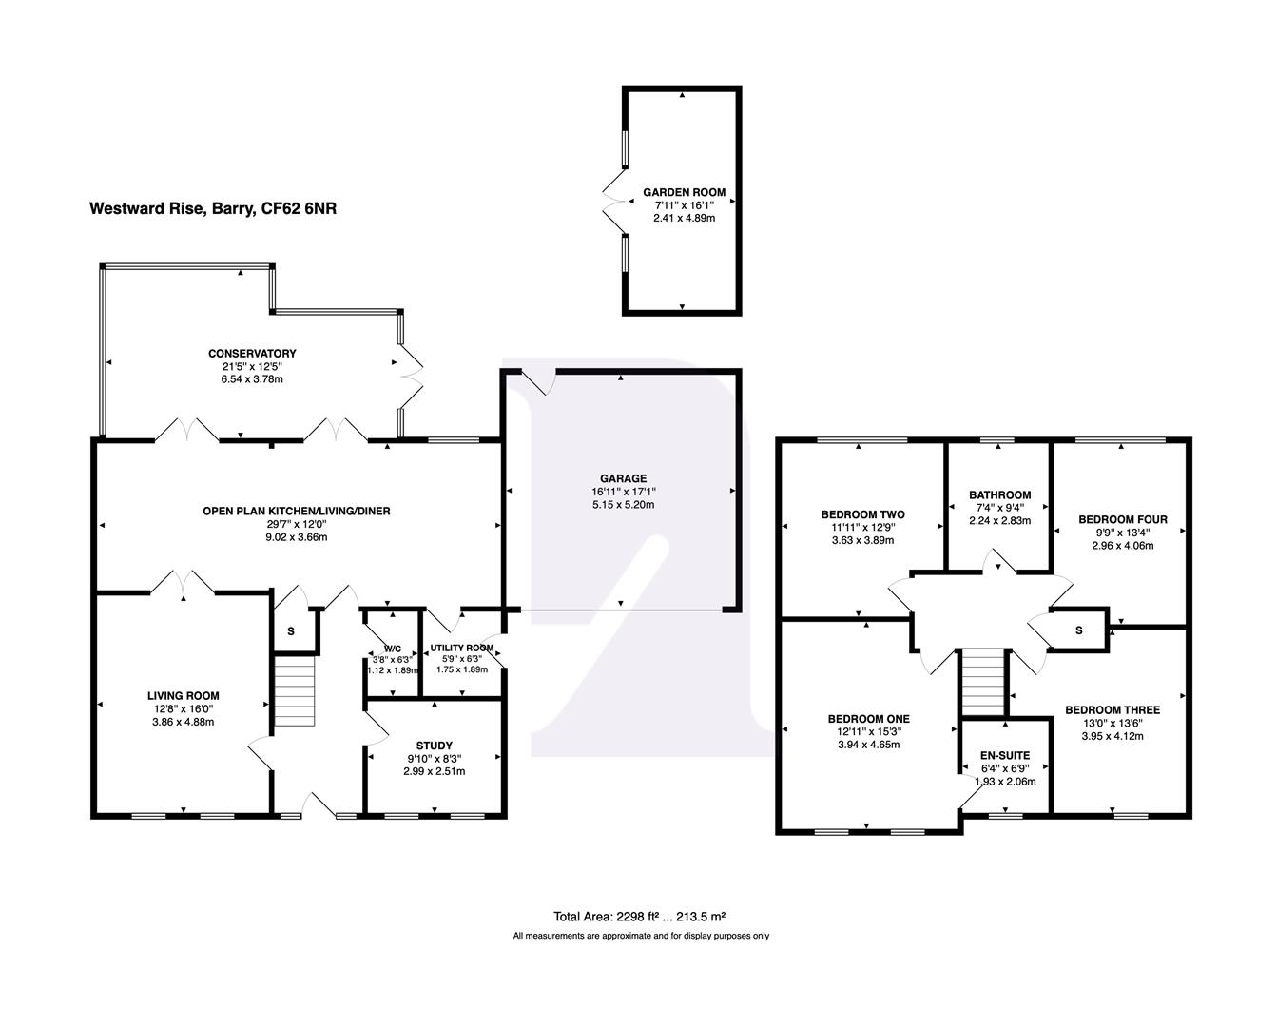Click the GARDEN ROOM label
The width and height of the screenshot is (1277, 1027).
[683, 192]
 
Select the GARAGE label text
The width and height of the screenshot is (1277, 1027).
[623, 478]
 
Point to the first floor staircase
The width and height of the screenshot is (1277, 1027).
[983, 680]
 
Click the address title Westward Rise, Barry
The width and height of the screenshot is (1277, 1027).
[213, 208]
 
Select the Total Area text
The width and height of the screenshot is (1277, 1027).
[640, 917]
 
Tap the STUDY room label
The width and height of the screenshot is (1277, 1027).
[434, 746]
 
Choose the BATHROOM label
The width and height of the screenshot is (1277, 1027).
[999, 494]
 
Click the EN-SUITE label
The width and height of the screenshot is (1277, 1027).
[1005, 756]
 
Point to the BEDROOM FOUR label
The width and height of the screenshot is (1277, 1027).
[1122, 519]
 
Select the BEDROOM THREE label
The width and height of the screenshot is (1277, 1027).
[1112, 709]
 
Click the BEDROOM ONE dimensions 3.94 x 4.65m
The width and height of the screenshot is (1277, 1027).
[862, 745]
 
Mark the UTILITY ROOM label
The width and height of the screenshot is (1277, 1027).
[461, 648]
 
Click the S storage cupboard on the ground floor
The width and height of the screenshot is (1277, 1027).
[291, 631]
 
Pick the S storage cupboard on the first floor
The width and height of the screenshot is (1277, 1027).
[1078, 630]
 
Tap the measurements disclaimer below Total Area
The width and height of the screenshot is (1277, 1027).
[640, 936]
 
